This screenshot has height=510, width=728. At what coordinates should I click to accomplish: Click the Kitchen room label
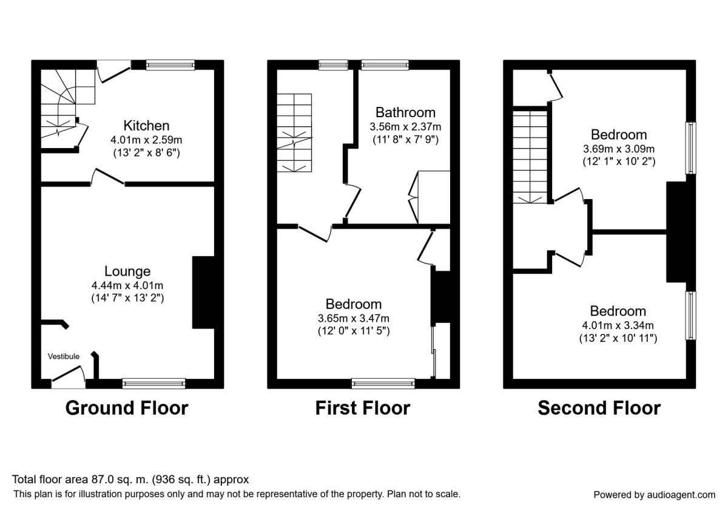(x=146, y=126)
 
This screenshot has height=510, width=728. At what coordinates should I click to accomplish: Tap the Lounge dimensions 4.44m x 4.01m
(x=127, y=285)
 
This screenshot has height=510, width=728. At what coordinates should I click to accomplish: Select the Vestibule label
(x=64, y=356)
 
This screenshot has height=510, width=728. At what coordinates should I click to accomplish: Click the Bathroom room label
(x=405, y=112)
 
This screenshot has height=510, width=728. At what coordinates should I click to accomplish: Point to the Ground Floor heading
(x=126, y=408)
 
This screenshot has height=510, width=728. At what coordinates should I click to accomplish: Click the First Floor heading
(x=362, y=408)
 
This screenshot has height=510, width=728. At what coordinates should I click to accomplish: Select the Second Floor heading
(x=599, y=408)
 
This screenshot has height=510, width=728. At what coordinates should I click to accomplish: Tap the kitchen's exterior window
(x=170, y=64)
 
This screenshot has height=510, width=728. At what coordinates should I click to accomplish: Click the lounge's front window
(x=153, y=383)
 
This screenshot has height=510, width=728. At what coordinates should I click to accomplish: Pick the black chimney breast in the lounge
(x=203, y=293)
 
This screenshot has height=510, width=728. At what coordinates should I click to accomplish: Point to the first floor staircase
(x=294, y=134)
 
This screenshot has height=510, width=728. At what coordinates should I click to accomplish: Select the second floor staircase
(x=530, y=155)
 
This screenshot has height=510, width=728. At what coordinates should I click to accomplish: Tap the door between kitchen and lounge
(x=107, y=178)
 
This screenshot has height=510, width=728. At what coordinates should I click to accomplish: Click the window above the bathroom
(x=385, y=64)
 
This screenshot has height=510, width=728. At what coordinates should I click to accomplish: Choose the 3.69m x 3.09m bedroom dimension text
(x=619, y=148)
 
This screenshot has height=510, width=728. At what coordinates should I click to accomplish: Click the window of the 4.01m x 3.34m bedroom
(x=691, y=316)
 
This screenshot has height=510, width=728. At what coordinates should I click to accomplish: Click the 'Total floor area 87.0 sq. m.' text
(x=130, y=480)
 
